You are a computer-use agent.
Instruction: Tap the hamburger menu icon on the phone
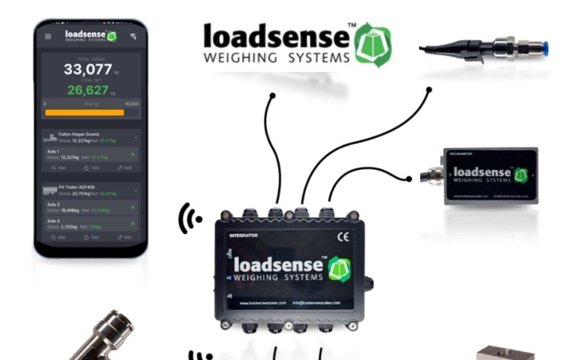(49, 36)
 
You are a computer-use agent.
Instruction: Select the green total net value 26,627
(89, 91)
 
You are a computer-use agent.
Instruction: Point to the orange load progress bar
(84, 112)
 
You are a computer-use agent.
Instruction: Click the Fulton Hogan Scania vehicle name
(79, 134)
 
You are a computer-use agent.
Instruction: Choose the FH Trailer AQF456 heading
(77, 187)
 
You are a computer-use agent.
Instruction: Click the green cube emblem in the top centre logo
(372, 44)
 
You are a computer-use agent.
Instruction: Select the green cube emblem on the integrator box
(339, 268)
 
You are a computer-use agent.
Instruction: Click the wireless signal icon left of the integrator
(190, 219)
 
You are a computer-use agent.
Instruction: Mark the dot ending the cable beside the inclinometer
(409, 178)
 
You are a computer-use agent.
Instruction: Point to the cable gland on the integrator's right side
(370, 286)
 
